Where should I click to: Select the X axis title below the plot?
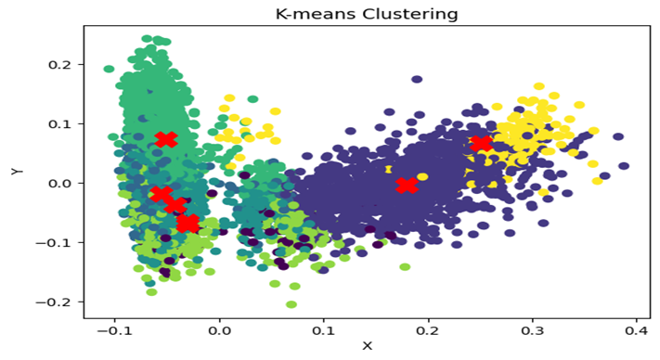click(367, 346)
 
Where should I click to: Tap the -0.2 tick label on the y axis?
click(57, 302)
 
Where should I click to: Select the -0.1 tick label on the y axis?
click(57, 243)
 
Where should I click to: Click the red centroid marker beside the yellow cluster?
click(481, 144)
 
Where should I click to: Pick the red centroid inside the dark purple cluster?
click(406, 186)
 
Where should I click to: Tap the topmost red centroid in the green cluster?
click(166, 139)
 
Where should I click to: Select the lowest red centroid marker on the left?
click(188, 224)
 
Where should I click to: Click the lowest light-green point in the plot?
click(291, 304)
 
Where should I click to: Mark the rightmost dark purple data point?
click(624, 166)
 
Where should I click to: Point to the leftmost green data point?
click(109, 69)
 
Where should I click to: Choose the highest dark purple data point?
click(418, 80)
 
